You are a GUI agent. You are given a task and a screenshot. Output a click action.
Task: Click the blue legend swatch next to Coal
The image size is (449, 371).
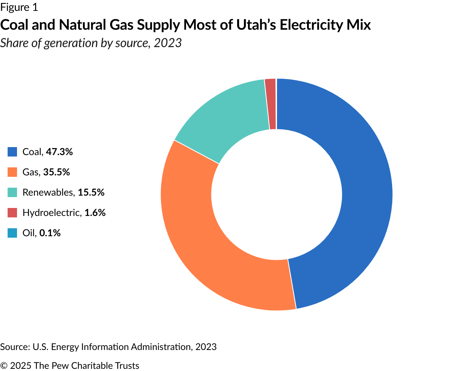(12, 152)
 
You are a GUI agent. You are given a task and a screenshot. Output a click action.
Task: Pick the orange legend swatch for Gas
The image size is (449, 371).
(12, 172)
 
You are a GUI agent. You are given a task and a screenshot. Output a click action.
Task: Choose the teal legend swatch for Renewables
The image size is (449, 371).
(12, 192)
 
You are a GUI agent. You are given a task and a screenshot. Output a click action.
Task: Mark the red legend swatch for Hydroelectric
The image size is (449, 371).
(12, 213)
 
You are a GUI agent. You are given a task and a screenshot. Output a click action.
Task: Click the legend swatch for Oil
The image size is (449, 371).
(12, 233)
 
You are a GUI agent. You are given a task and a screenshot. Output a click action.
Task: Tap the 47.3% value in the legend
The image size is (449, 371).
(59, 152)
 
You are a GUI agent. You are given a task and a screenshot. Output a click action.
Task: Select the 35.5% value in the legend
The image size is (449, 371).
(56, 172)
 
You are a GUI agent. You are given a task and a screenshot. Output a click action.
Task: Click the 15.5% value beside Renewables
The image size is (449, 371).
(91, 192)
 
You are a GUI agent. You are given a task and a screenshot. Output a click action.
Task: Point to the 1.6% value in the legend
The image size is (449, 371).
(95, 213)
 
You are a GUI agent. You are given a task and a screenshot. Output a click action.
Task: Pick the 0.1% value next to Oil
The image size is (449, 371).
(50, 233)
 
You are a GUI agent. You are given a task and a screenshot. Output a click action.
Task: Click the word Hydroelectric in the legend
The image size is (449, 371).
(51, 213)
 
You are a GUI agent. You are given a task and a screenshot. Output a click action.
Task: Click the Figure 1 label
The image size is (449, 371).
(19, 7)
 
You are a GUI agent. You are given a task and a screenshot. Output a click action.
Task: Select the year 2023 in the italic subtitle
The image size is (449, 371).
(167, 43)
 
